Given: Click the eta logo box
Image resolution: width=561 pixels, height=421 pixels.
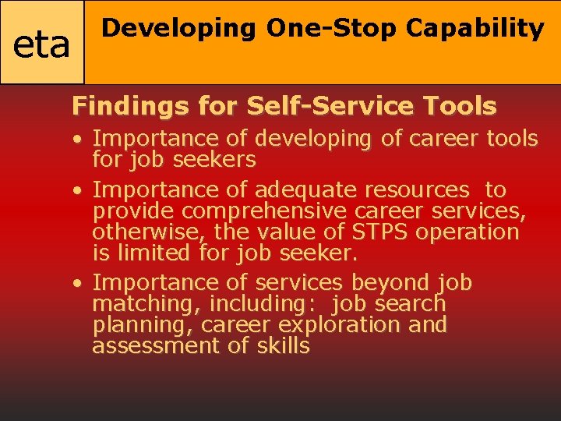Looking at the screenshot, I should tap(42, 43).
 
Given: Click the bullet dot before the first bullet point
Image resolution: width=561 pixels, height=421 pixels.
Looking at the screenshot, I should tap(80, 140).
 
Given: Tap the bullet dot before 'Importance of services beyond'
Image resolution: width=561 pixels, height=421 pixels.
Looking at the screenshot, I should tap(80, 283).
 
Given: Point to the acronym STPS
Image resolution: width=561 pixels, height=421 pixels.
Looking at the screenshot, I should tap(381, 232).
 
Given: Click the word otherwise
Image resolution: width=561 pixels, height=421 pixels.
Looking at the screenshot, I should tap(146, 232).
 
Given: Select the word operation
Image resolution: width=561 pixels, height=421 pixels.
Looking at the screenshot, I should tap(469, 232).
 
